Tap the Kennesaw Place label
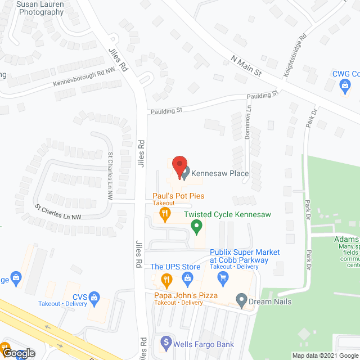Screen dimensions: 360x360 tap(220, 173)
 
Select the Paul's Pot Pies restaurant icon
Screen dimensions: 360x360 tap(165, 213)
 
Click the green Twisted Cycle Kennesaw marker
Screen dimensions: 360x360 tap(196, 227)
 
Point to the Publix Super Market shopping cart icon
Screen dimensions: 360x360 tap(223, 277)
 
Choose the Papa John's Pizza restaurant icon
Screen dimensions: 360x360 tap(166, 279)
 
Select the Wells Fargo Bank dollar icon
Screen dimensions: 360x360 tap(166, 341)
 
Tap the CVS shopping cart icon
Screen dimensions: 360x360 tap(95, 296)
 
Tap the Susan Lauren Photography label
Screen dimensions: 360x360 tap(40, 8)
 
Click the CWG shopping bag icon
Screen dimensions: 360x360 tap(345, 85)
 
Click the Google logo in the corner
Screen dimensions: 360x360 tap(18, 353)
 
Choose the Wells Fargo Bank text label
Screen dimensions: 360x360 tap(204, 344)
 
